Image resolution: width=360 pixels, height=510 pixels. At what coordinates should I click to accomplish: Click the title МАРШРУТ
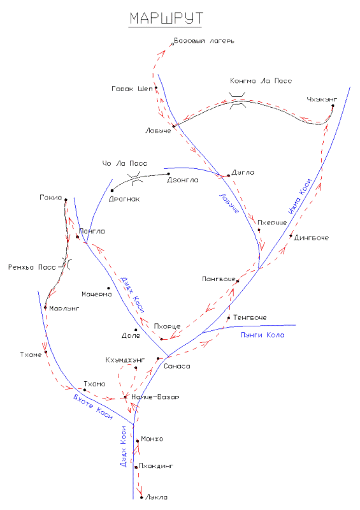pyautogui.click(x=166, y=18)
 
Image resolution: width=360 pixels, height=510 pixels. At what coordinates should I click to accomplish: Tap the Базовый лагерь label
pyautogui.click(x=204, y=41)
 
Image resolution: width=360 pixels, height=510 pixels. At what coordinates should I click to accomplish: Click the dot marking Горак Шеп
pyautogui.click(x=156, y=88)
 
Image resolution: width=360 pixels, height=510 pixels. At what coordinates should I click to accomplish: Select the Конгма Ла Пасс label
pyautogui.click(x=261, y=81)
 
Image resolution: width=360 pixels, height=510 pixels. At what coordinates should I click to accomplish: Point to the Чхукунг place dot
pyautogui.click(x=333, y=106)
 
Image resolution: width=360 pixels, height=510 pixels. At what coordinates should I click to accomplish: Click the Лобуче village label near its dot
pyautogui.click(x=158, y=131)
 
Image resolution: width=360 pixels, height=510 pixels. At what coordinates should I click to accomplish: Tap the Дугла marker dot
pyautogui.click(x=229, y=176)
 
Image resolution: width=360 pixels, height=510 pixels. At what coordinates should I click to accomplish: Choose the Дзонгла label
pyautogui.click(x=182, y=180)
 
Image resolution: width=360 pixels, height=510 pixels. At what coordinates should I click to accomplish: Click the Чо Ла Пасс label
pyautogui.click(x=125, y=163)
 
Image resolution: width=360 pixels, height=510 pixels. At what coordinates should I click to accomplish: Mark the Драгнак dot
pyautogui.click(x=112, y=191)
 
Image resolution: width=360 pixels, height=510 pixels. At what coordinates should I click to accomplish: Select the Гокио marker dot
pyautogui.click(x=66, y=200)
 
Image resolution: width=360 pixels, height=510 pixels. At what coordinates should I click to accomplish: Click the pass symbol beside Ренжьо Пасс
pyautogui.click(x=67, y=264)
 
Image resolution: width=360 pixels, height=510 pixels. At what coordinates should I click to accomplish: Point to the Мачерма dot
pyautogui.click(x=108, y=288)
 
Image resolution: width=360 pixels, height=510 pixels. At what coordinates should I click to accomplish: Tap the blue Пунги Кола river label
pyautogui.click(x=263, y=335)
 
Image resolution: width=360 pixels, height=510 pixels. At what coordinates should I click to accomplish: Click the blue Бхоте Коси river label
pyautogui.click(x=93, y=407)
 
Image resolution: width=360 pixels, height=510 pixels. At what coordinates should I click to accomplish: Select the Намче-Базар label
pyautogui.click(x=155, y=397)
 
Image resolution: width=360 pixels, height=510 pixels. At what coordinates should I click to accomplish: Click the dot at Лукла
pyautogui.click(x=142, y=497)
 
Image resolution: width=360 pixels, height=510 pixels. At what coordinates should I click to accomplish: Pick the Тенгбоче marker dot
pyautogui.click(x=229, y=317)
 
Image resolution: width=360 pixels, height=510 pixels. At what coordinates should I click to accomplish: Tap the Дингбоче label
pyautogui.click(x=311, y=238)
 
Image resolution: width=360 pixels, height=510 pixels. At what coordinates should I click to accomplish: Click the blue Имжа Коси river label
pyautogui.click(x=301, y=196)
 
